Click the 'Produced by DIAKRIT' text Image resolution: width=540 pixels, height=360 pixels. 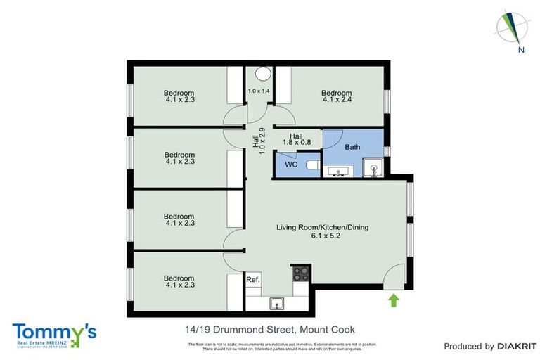(x=486, y=346)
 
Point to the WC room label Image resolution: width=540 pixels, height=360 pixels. (x=290, y=166)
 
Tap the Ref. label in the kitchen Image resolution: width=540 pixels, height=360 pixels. (x=253, y=280)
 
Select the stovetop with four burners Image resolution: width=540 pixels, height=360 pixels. (x=301, y=273)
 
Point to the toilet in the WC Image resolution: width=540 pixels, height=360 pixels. (x=314, y=167)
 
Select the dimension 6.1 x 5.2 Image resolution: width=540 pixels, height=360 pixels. (x=322, y=237)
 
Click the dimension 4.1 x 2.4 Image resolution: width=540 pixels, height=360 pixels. (x=336, y=100)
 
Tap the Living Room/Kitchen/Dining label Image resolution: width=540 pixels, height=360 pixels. (x=322, y=227)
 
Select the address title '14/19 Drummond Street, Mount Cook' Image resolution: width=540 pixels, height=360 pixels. (x=265, y=330)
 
